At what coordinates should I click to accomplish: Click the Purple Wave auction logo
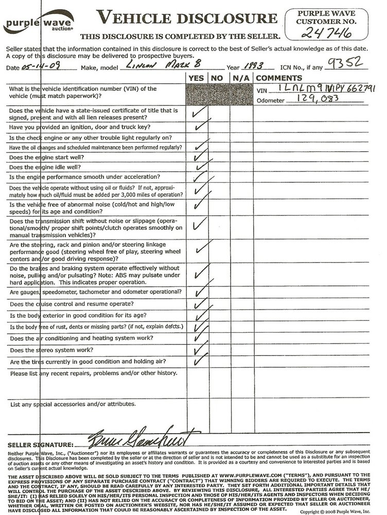(39, 24)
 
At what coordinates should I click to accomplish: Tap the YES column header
(196, 78)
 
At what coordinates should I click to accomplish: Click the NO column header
(217, 78)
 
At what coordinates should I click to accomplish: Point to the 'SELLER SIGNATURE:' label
(40, 444)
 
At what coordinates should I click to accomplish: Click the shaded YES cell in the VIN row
(196, 93)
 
